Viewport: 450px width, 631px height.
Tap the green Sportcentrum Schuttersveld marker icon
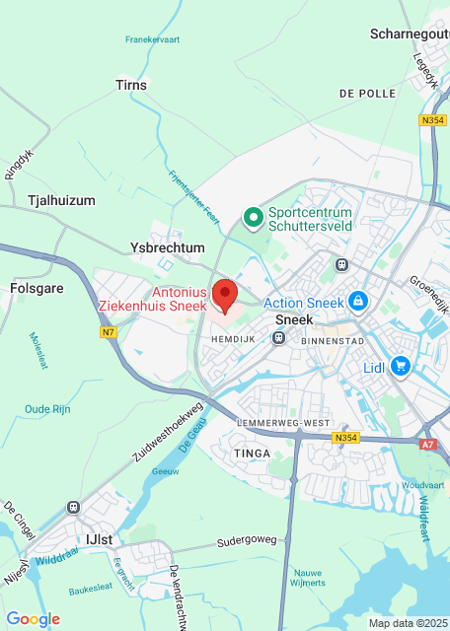point(253,216)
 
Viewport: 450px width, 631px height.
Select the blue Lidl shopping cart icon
point(400,367)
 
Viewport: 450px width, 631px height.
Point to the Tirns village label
point(131,85)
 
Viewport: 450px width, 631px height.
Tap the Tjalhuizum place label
point(62,200)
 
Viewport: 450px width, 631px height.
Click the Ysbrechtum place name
point(168,247)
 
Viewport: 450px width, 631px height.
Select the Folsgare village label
point(37,289)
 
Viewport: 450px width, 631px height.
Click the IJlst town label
point(100,538)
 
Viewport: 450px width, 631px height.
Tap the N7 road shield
point(108,333)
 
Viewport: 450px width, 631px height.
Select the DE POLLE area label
point(366,93)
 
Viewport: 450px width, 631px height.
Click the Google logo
point(33,618)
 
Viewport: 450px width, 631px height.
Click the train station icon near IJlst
point(73,507)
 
